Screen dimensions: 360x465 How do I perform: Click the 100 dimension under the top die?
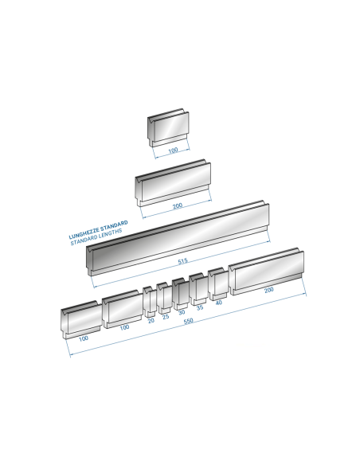pyautogui.click(x=173, y=150)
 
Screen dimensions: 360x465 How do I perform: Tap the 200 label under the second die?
pyautogui.click(x=178, y=205)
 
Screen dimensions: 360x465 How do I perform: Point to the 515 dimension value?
pyautogui.click(x=182, y=261)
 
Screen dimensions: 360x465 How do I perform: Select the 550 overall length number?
pyautogui.click(x=188, y=321)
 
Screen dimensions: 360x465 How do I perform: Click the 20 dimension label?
pyautogui.click(x=151, y=321)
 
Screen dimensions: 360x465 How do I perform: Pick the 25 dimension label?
pyautogui.click(x=166, y=317)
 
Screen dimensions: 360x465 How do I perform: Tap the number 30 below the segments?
pyautogui.click(x=182, y=312)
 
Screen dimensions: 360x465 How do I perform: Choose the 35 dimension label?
pyautogui.click(x=200, y=307)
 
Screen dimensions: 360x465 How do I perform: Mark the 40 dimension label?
pyautogui.click(x=218, y=303)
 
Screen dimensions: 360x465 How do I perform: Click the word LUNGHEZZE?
pyautogui.click(x=84, y=233)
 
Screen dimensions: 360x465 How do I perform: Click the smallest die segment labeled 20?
pyautogui.click(x=150, y=302)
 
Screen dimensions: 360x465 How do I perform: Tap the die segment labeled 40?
pyautogui.click(x=218, y=284)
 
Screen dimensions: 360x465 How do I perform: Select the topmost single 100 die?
pyautogui.click(x=168, y=127)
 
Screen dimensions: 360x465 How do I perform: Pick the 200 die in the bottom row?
pyautogui.click(x=266, y=272)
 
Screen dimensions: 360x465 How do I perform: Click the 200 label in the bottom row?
pyautogui.click(x=269, y=290)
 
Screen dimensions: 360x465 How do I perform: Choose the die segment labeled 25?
pyautogui.click(x=164, y=298)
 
